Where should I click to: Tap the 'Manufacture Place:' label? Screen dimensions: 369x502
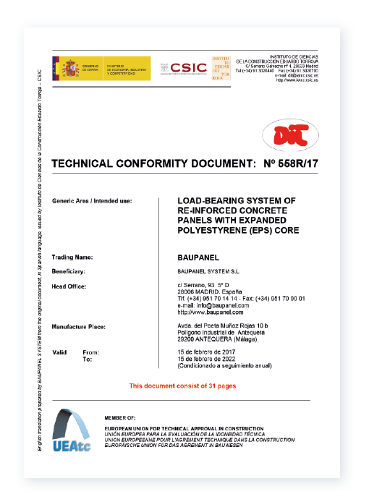(79, 327)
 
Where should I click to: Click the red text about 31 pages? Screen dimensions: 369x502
(182, 386)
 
